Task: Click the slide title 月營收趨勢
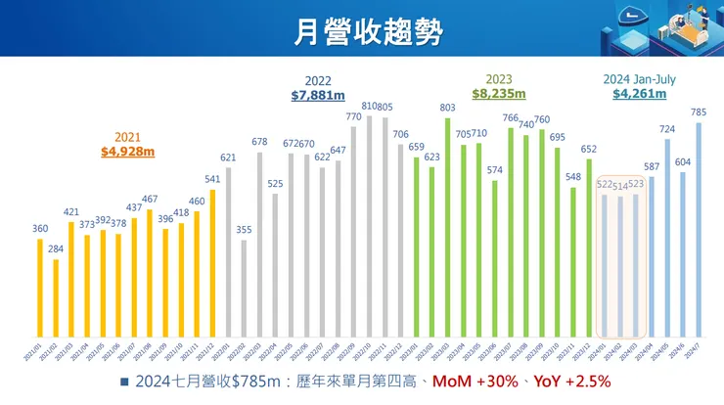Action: pos(361,29)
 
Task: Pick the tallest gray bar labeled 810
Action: pos(369,225)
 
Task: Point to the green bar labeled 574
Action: pos(494,258)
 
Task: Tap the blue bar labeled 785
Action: pos(698,229)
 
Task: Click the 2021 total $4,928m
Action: pos(127,152)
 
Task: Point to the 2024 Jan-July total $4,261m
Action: pos(639,94)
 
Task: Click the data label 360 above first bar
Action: pos(40,229)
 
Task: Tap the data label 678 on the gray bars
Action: pos(259,143)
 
